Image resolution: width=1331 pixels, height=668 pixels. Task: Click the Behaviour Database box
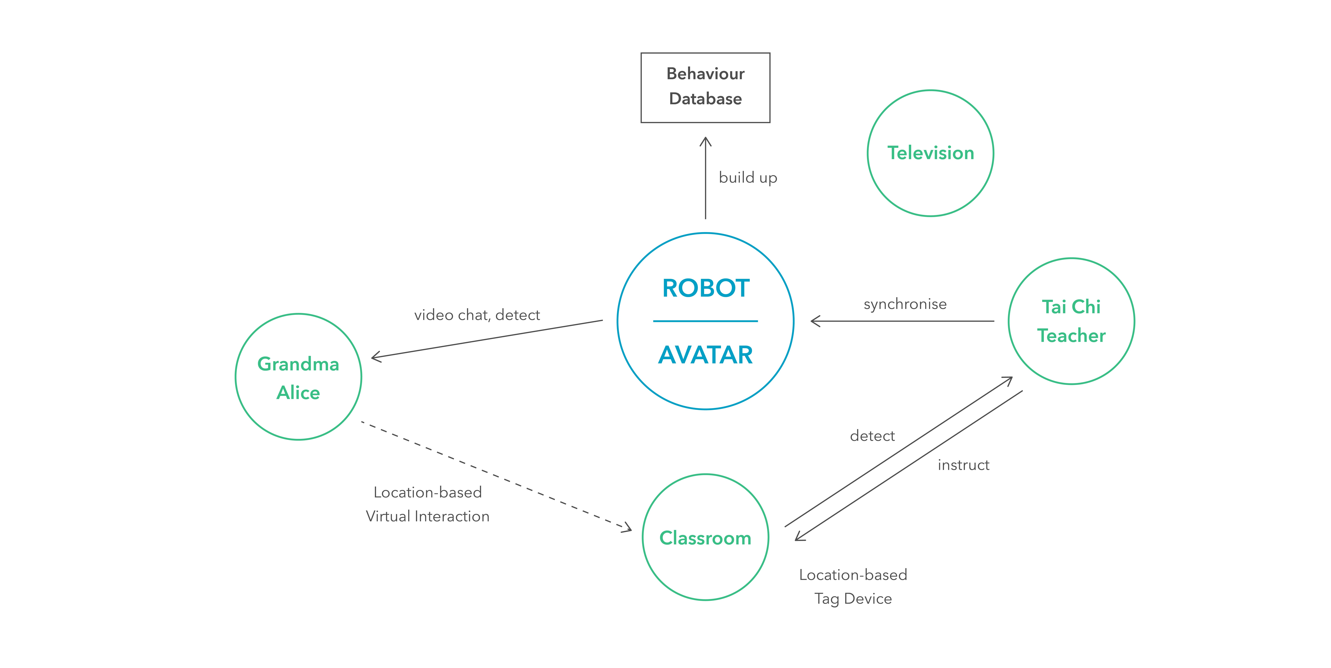point(705,87)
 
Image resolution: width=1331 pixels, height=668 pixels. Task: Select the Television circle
point(930,153)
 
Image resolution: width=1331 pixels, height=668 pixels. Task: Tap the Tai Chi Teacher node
point(1071,321)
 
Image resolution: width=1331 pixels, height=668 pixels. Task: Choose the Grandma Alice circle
point(298,377)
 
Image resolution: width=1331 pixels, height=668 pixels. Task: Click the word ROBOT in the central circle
point(705,288)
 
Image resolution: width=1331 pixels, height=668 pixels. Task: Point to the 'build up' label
point(748,177)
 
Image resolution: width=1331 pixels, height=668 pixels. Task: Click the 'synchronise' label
point(905,304)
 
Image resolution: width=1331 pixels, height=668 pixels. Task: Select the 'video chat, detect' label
point(477,315)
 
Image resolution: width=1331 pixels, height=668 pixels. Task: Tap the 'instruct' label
point(963,465)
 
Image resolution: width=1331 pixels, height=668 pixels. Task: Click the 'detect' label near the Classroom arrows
point(872,436)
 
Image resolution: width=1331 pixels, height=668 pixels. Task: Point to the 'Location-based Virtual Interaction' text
point(427,504)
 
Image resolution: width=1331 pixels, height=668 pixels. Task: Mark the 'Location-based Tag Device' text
point(853,586)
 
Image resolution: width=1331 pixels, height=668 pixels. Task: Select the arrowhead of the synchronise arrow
point(815,321)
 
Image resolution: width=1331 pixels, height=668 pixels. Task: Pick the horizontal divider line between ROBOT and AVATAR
point(705,321)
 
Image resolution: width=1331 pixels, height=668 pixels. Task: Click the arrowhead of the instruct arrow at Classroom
point(799,538)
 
